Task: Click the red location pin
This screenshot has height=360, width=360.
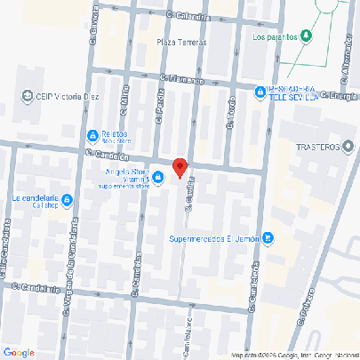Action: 180,167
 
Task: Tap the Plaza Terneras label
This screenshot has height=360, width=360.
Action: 180,42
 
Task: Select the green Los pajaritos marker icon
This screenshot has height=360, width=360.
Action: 307,36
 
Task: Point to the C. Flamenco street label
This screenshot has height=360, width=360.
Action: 182,80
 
